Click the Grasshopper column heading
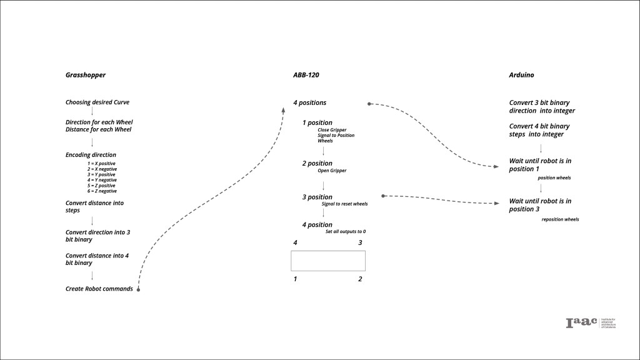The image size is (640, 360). click(86, 75)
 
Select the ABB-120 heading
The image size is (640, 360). click(306, 75)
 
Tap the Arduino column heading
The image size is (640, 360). click(521, 75)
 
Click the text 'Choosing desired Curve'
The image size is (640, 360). click(97, 102)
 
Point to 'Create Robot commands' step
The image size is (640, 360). click(99, 289)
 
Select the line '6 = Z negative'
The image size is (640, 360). click(102, 191)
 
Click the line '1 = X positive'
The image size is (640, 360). click(102, 163)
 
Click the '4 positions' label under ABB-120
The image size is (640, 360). click(310, 102)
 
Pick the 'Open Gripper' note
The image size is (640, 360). click(332, 170)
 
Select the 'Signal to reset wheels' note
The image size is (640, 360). click(344, 204)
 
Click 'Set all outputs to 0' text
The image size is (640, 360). click(346, 232)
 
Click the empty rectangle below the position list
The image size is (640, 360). click(328, 261)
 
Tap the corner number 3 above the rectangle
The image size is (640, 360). click(360, 242)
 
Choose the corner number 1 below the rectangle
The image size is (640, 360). click(296, 279)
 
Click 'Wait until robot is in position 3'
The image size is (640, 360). click(540, 204)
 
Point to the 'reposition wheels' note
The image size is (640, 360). click(560, 219)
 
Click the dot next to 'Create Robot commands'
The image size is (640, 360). click(137, 289)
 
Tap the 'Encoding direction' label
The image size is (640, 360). click(91, 154)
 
